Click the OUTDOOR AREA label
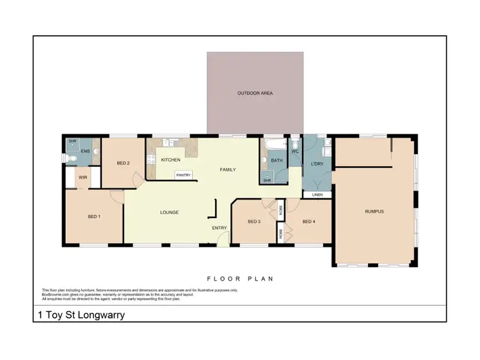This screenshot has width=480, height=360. point(255,93)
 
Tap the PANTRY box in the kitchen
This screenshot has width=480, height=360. point(184,174)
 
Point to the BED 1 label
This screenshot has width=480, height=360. point(94,217)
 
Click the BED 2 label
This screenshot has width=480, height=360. point(123,164)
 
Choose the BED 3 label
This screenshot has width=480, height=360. point(254,221)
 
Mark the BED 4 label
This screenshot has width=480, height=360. point(308,221)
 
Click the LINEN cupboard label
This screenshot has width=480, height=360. point(317,194)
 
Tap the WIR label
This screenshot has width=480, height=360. point(83,177)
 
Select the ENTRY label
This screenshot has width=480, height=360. point(220,227)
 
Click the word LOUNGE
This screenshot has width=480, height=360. point(169,212)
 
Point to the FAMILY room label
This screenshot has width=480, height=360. point(228,169)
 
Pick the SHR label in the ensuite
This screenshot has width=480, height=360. point(72,141)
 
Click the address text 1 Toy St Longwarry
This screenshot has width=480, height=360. point(79,315)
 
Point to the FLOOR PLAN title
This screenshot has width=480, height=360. point(239,279)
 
